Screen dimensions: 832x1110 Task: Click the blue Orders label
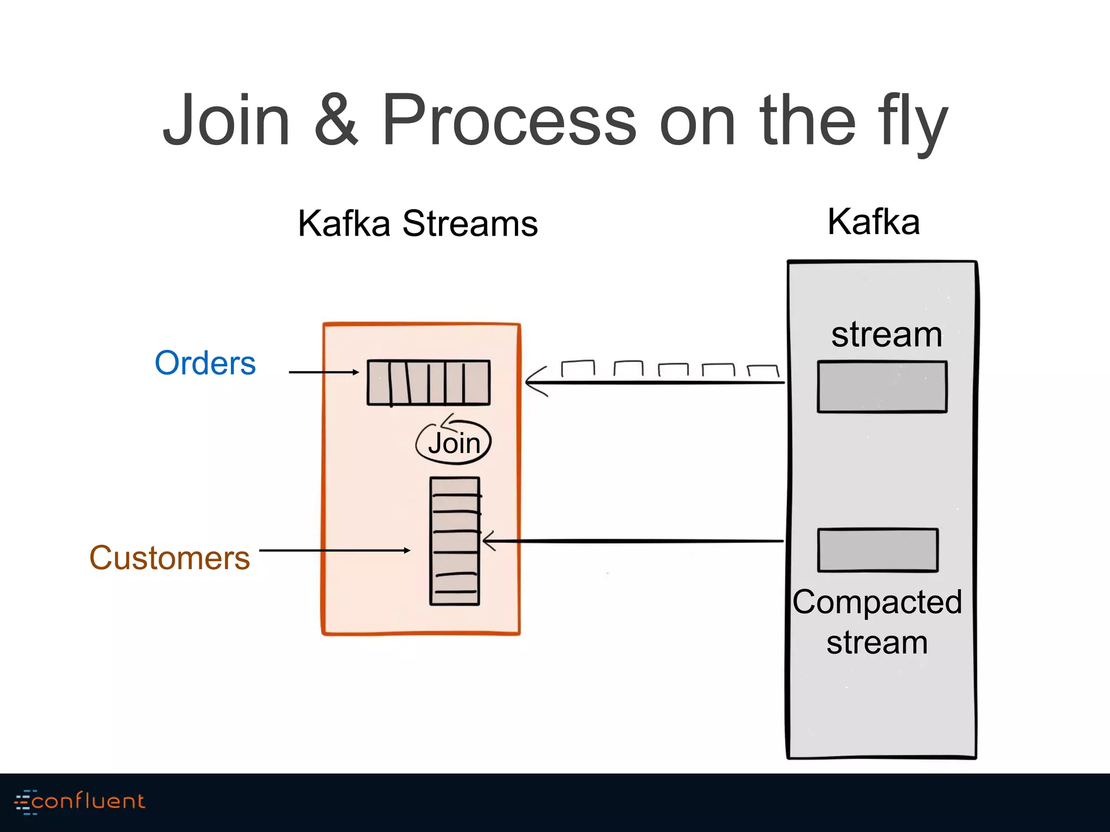(205, 363)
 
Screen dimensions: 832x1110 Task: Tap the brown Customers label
(170, 558)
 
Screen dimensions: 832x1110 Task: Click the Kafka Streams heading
(417, 223)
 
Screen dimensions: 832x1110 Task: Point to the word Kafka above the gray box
(874, 222)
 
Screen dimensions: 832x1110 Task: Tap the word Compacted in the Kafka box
(877, 602)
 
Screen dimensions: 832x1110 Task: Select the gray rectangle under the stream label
(882, 387)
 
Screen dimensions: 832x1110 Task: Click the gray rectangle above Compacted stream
(877, 550)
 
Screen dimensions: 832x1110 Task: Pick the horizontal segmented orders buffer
(428, 382)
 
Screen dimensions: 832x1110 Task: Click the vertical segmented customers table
(455, 541)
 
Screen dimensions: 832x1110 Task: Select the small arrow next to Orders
(324, 372)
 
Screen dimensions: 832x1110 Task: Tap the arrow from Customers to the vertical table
(334, 550)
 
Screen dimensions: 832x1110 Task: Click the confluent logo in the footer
(80, 802)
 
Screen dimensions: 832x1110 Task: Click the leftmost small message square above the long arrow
(578, 369)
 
